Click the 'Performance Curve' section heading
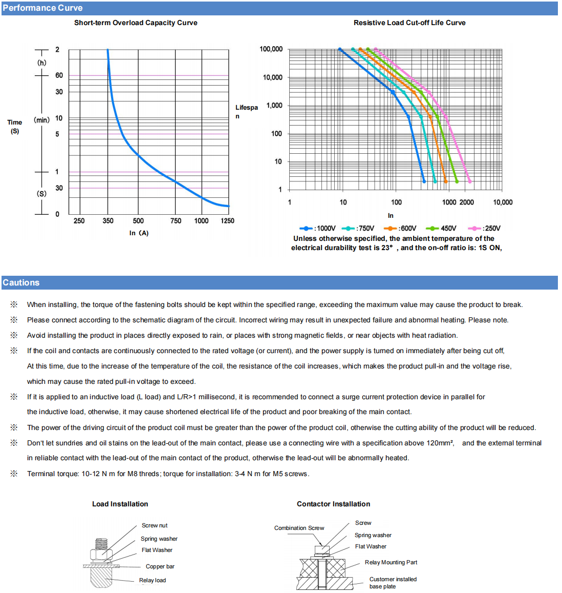coord(42,8)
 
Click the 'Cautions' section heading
coord(21,282)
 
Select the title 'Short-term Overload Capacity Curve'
coord(136,23)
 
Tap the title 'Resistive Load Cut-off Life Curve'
coord(409,23)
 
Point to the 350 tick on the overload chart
coord(108,221)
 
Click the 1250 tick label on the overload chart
coord(227,221)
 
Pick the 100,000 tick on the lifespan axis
coord(271,49)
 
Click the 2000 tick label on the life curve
coord(466,202)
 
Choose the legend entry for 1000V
coord(318,229)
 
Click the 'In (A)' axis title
coord(139,233)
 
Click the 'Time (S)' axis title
coord(15,127)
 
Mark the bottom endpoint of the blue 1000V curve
coord(424,181)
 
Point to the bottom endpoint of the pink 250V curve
coord(470,181)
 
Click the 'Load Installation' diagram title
coord(120,504)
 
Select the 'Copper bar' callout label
coord(160,566)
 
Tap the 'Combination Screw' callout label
coord(299,528)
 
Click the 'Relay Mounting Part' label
coord(391,562)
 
